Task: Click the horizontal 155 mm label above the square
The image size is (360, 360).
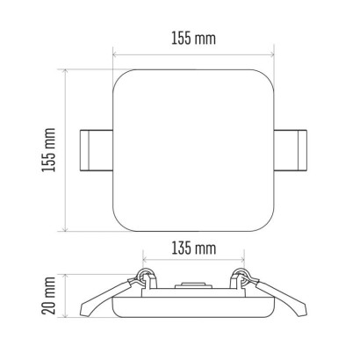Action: [x=193, y=39]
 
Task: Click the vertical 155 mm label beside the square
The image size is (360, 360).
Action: [x=48, y=150]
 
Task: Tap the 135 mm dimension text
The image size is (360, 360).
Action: [x=194, y=248]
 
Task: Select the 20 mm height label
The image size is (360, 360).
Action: [x=48, y=296]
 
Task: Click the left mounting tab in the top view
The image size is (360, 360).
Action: [x=97, y=150]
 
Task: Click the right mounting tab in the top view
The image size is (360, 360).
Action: [x=291, y=149]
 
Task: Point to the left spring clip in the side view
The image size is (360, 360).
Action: [x=108, y=296]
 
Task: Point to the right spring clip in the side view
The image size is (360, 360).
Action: [x=278, y=296]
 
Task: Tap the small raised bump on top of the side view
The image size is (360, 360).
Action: [x=193, y=285]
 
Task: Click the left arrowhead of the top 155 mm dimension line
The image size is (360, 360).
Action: [x=115, y=54]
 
